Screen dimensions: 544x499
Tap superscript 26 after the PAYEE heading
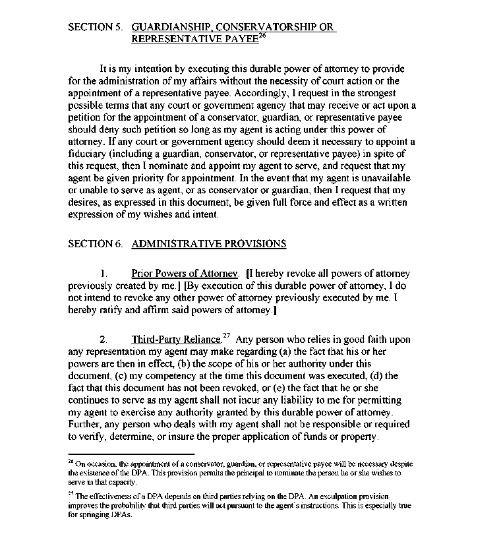(x=262, y=36)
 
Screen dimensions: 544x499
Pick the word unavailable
(x=378, y=179)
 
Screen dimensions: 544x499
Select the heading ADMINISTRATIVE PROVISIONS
(x=209, y=244)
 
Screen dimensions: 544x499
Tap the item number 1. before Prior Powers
(x=103, y=274)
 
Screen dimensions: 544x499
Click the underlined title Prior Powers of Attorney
(x=185, y=274)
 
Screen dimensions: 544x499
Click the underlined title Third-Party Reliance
(x=176, y=340)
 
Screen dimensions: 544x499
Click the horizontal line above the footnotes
(x=131, y=454)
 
